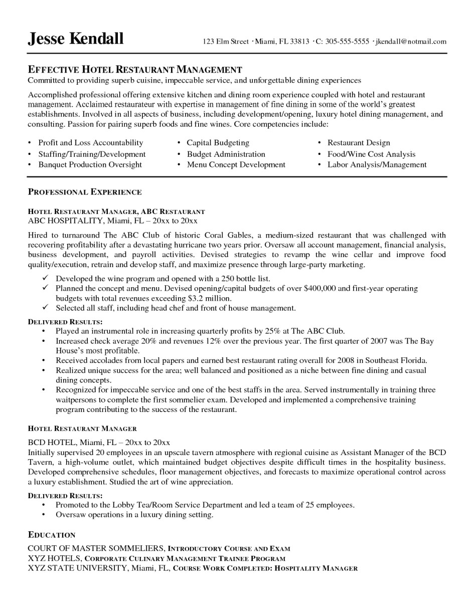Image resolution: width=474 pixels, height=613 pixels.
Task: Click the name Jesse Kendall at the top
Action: (75, 39)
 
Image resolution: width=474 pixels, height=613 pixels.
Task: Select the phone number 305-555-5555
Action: (347, 42)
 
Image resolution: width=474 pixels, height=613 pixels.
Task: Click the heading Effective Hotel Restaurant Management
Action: (135, 70)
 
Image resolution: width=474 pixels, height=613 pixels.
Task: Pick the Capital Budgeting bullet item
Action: (218, 143)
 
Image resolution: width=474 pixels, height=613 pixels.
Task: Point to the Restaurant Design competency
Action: (359, 143)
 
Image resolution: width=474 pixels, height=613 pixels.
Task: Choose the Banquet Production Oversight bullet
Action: (90, 164)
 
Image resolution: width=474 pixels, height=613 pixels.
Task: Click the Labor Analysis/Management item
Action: (377, 164)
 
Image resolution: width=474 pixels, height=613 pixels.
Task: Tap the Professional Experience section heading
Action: (85, 192)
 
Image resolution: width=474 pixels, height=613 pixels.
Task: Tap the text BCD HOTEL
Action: (52, 442)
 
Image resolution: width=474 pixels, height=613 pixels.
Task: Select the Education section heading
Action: (52, 535)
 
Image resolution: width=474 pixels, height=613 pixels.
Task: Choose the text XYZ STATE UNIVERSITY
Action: (78, 568)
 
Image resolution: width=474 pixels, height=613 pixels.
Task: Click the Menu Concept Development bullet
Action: (236, 164)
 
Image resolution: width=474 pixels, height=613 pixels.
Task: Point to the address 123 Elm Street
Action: (225, 42)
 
